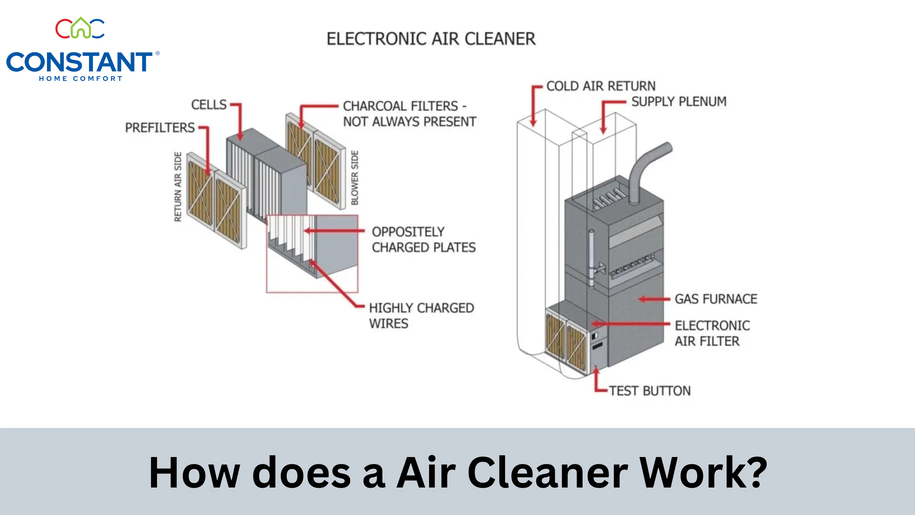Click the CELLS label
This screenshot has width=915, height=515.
pos(209,105)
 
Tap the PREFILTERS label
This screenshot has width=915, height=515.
pos(160,128)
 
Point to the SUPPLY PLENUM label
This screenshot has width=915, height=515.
pos(679,102)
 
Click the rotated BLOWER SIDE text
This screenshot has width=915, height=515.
pos(355,178)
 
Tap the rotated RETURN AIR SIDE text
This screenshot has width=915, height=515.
pos(178,187)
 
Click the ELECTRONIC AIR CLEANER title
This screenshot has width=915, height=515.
pos(431,39)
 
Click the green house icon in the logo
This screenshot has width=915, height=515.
pos(81,27)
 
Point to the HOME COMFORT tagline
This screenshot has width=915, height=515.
pos(81,79)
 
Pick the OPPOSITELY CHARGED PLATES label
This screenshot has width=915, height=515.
pos(424,240)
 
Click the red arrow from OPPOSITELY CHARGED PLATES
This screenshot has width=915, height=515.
pos(334,231)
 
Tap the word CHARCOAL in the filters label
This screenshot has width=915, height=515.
pos(401,106)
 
